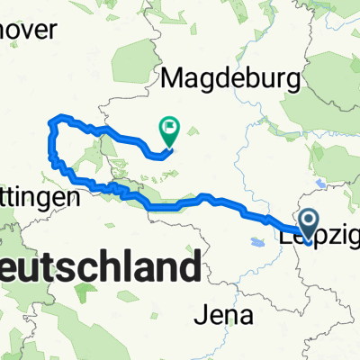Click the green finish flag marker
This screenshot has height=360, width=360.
(x=168, y=131)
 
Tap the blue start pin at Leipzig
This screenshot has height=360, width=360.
(x=308, y=222)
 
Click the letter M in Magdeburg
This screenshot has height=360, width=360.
(x=173, y=78)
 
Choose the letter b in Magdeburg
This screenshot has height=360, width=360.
(x=243, y=79)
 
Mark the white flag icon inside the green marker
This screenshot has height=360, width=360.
(x=168, y=129)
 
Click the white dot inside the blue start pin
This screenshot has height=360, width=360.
(x=308, y=220)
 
